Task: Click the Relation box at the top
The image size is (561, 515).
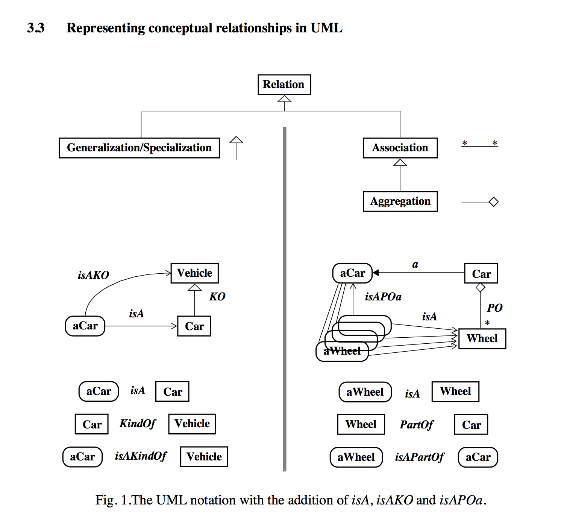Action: click(284, 84)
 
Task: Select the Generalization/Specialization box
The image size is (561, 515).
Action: click(139, 148)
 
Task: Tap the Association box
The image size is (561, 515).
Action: click(400, 148)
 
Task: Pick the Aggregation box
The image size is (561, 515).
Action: click(400, 201)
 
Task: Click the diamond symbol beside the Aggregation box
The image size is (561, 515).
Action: click(493, 202)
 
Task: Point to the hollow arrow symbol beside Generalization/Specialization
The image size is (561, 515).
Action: click(236, 140)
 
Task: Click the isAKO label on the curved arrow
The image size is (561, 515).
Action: click(93, 275)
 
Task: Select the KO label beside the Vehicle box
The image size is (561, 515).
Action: click(217, 297)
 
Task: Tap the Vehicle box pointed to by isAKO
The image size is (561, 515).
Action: click(194, 273)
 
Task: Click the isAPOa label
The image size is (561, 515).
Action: click(383, 297)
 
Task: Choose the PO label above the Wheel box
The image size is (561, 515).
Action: click(494, 308)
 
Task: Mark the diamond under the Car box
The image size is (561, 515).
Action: click(481, 288)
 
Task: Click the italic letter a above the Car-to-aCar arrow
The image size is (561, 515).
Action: click(415, 265)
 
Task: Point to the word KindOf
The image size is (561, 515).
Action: click(138, 424)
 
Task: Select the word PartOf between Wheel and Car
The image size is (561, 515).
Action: click(417, 425)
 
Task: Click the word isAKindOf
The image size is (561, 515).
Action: click(141, 456)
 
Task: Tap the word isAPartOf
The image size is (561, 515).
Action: click(420, 457)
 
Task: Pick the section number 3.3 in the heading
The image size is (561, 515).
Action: click(36, 28)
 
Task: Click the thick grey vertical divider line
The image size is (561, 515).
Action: click(285, 301)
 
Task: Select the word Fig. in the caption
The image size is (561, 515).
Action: click(105, 500)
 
